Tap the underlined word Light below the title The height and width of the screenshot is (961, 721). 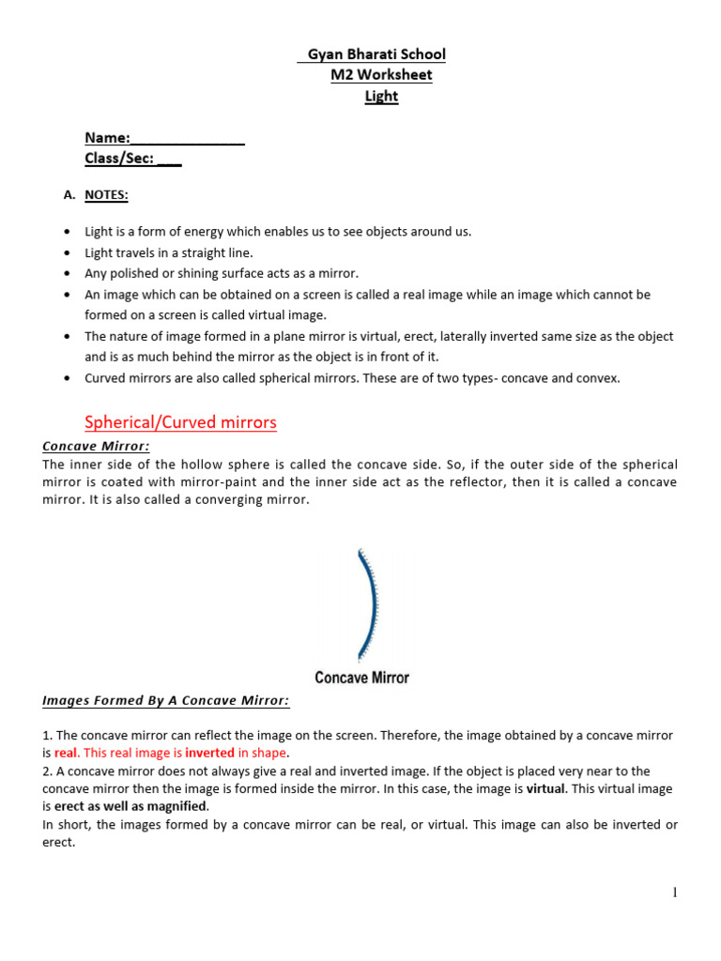(381, 96)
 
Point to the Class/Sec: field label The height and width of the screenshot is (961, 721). (119, 159)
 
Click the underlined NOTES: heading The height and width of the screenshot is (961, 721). (107, 194)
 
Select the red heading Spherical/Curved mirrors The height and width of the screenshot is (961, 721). (181, 422)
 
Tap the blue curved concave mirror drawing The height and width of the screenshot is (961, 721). (367, 606)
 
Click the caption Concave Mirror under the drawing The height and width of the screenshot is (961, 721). (361, 678)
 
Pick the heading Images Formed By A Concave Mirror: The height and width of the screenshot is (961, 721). (166, 701)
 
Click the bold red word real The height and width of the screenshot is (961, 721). (66, 753)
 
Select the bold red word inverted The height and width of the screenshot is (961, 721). (209, 753)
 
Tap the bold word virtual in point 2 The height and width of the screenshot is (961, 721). (545, 789)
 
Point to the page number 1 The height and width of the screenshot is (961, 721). (674, 892)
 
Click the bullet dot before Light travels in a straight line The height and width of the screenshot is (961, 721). (67, 253)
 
